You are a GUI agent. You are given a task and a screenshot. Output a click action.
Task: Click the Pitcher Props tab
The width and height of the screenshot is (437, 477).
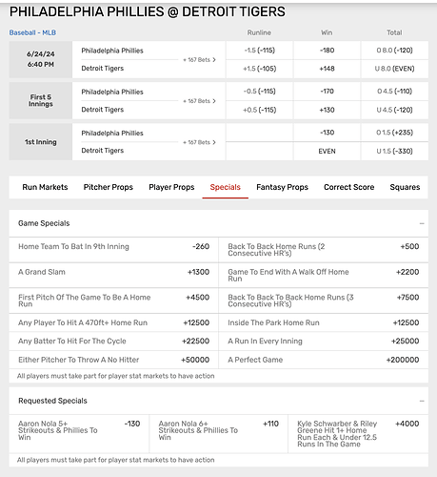click(109, 187)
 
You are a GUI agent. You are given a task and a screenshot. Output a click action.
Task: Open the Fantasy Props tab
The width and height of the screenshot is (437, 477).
click(284, 187)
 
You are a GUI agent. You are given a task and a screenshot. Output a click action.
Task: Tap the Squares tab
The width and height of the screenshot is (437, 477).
click(405, 187)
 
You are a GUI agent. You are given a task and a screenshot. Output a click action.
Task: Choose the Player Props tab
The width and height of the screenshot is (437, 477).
click(171, 187)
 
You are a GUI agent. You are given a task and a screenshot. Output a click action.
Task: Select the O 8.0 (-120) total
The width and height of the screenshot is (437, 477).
click(394, 50)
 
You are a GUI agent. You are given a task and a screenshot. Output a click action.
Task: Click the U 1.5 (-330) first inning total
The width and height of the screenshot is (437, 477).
click(394, 151)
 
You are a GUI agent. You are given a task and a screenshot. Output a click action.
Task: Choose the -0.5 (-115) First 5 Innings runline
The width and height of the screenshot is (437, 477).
click(260, 92)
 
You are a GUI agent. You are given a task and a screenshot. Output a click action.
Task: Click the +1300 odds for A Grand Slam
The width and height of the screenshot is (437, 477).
click(197, 272)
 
